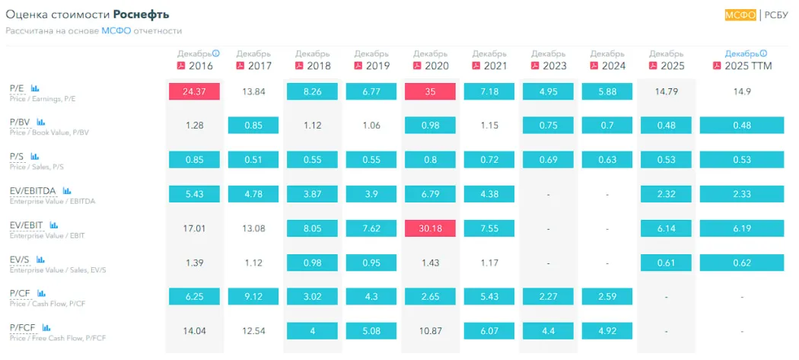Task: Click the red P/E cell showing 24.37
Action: pos(194,92)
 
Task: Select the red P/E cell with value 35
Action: pos(430,92)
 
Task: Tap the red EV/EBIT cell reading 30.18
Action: pos(430,228)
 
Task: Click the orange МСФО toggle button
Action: pos(740,14)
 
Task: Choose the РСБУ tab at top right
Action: pos(776,14)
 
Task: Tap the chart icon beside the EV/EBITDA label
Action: pos(67,191)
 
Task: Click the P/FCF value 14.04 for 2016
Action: pos(194,330)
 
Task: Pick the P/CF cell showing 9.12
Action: pos(253,296)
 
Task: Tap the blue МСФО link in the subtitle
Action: pos(116,31)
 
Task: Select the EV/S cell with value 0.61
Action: pos(666,262)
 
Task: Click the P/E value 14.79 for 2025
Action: pos(666,92)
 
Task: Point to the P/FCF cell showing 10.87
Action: pos(430,330)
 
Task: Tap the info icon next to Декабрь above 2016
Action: pos(215,53)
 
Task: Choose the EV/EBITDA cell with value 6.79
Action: pos(430,194)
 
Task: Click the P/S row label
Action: pos(18,157)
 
